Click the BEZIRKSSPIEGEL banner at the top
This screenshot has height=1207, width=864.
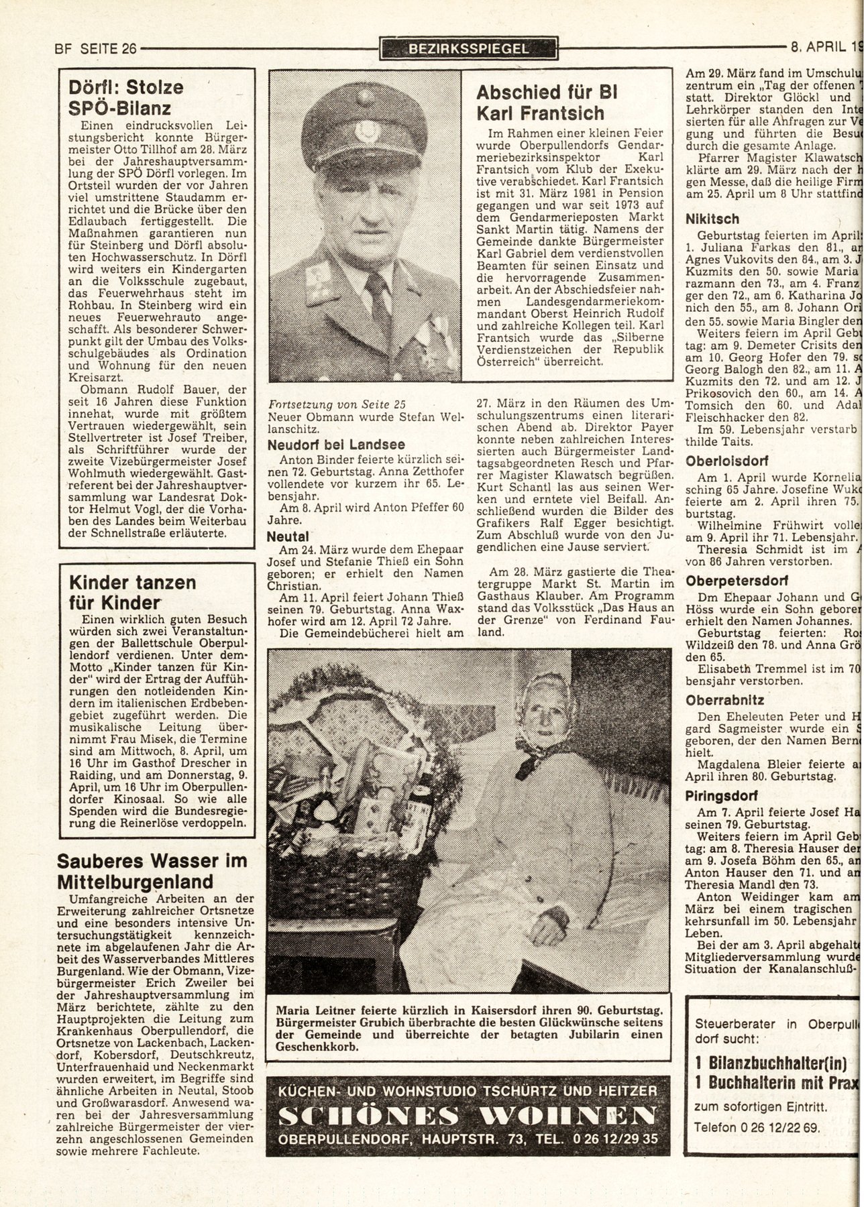click(468, 48)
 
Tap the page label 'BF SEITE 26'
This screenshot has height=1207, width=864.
click(95, 48)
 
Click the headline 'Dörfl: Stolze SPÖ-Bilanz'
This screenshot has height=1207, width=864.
click(126, 97)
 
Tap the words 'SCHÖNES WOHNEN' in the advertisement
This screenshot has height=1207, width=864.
click(467, 1114)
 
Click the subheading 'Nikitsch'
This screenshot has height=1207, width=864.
click(712, 219)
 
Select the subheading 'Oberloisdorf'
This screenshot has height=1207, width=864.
click(726, 461)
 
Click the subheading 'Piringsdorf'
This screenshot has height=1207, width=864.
click(722, 797)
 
